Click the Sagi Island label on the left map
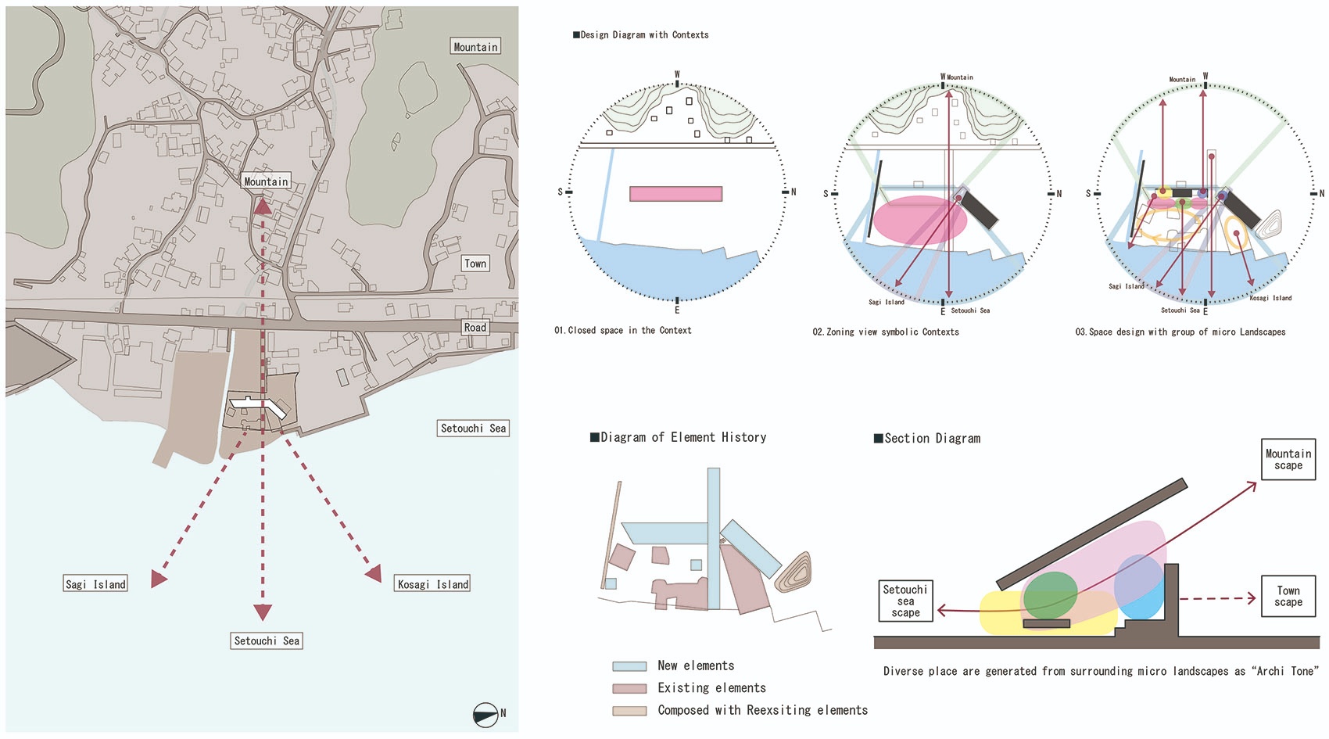pos(95,584)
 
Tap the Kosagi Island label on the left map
pos(432,584)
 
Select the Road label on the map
pos(475,327)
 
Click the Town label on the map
pos(475,264)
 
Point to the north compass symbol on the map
pos(485,715)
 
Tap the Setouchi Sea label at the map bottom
pos(267,641)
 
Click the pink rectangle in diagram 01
pos(675,194)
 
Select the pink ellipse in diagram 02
pos(920,221)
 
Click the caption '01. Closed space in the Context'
pos(623,330)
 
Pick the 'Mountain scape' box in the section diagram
pos(1288,459)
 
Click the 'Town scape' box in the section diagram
pos(1288,596)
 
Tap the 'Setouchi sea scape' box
pos(905,601)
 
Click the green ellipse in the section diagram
pos(1050,596)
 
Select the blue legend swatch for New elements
pos(629,666)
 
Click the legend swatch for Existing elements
pos(629,688)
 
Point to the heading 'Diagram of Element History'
pos(678,437)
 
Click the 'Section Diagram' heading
pos(927,439)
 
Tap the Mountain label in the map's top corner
pos(475,47)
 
